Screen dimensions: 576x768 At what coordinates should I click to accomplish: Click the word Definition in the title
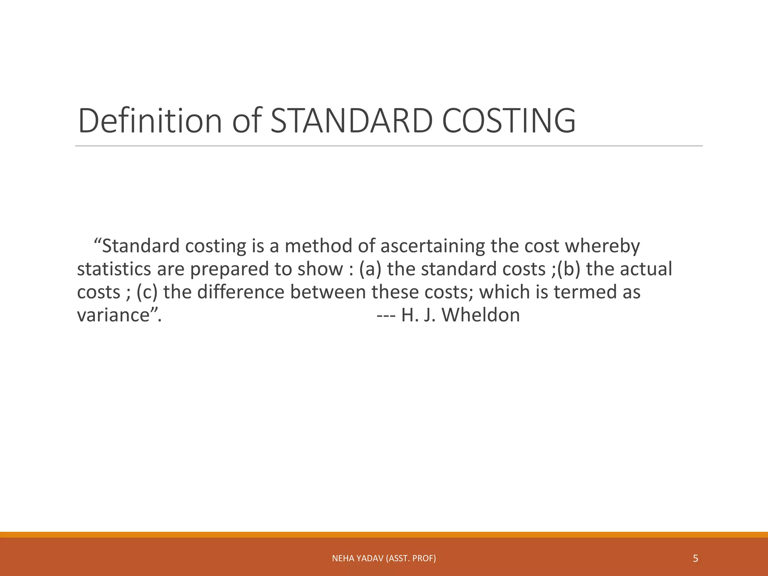click(x=150, y=121)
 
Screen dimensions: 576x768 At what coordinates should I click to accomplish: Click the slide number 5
click(x=695, y=559)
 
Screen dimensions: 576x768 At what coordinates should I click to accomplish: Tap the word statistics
click(x=114, y=269)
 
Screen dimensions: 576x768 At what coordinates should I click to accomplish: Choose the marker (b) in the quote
click(x=568, y=269)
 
